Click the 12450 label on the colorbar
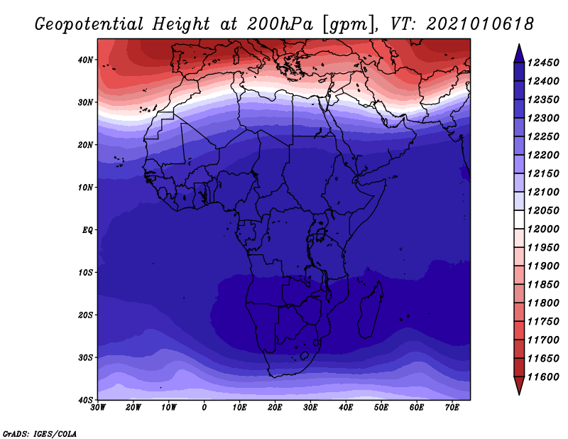(x=543, y=63)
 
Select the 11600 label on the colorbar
(x=543, y=377)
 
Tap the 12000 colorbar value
(x=543, y=229)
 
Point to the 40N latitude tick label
(x=85, y=60)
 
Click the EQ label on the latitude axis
(x=87, y=230)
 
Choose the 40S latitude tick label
(x=85, y=400)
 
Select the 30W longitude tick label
(x=98, y=408)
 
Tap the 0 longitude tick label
(x=204, y=408)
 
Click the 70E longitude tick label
(x=452, y=408)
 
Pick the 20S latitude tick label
(x=85, y=315)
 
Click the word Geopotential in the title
(x=89, y=25)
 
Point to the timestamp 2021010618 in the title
(x=480, y=24)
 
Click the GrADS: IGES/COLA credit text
(x=40, y=434)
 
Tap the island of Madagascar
(x=371, y=310)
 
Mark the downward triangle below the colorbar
(x=519, y=386)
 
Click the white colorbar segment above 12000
(x=519, y=220)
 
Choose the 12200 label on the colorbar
(x=543, y=155)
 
